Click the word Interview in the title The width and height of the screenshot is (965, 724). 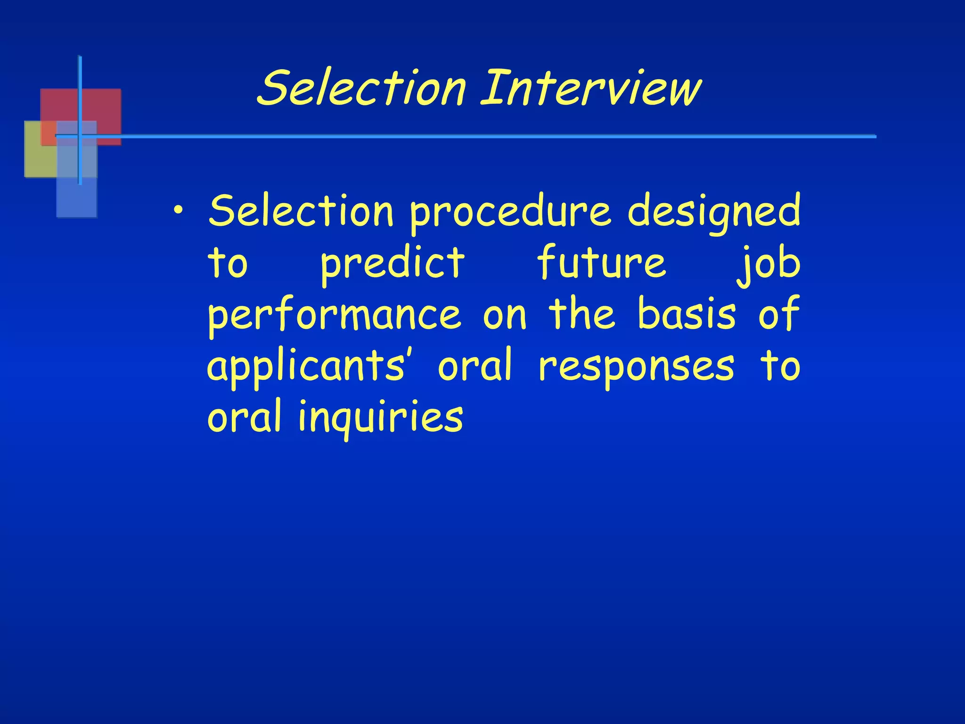[x=591, y=88]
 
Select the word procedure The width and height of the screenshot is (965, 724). [x=510, y=212]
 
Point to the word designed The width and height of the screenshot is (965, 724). [x=714, y=212]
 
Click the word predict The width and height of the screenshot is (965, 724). [x=393, y=264]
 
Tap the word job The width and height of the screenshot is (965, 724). [x=769, y=264]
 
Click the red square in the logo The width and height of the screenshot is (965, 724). [x=101, y=106]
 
